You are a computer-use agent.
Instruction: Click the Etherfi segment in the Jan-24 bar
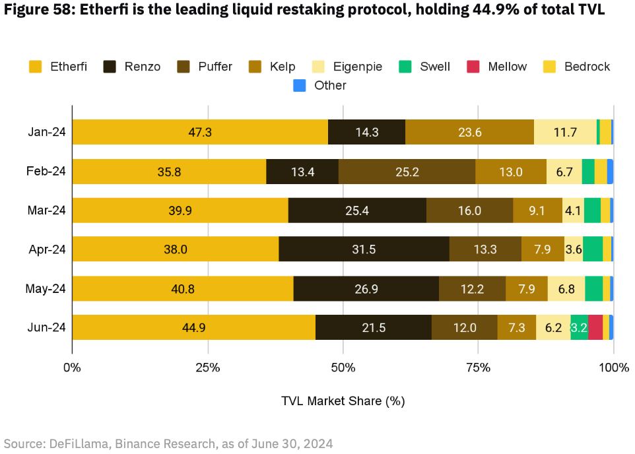tap(200, 132)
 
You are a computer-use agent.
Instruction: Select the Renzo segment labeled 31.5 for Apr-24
tap(365, 249)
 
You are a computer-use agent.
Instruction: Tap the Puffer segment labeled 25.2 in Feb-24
tap(407, 172)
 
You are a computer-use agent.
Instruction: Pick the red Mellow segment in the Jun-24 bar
tap(595, 328)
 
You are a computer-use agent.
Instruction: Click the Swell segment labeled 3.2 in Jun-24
tap(579, 328)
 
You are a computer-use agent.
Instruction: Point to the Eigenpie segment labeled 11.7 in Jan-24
tap(565, 132)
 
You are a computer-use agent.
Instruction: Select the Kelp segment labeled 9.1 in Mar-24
tap(537, 211)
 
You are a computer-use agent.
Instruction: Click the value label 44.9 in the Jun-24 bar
tap(194, 328)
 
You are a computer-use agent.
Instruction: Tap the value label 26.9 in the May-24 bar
tap(366, 289)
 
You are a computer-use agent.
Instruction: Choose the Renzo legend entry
tap(132, 67)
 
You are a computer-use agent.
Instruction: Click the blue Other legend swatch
tap(299, 85)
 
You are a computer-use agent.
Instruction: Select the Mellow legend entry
tap(497, 67)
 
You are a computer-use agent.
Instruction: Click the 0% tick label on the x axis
tap(72, 367)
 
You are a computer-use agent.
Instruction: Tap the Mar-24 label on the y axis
tap(46, 211)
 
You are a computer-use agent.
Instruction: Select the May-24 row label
tap(46, 289)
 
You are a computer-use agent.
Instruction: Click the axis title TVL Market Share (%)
tap(343, 401)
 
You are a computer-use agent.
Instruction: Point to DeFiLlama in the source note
tap(73, 443)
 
